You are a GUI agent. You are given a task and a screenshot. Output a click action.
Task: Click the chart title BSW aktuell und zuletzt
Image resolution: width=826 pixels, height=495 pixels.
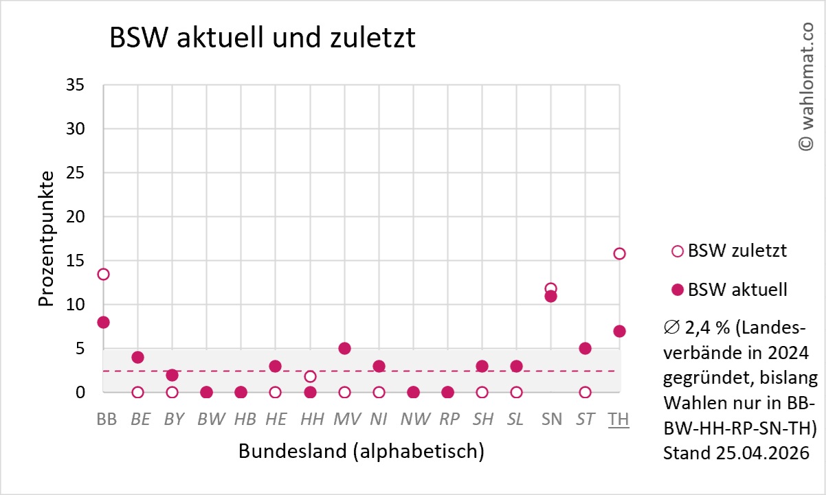(263, 39)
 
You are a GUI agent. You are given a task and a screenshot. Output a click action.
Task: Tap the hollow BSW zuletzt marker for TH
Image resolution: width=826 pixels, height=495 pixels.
(619, 253)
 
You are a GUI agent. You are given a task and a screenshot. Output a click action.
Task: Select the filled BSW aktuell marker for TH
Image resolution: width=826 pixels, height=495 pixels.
(619, 331)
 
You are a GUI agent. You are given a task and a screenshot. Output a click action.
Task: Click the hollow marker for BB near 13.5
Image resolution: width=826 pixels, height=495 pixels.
(103, 274)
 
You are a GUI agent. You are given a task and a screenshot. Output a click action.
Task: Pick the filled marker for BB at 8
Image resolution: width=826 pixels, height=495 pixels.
(103, 322)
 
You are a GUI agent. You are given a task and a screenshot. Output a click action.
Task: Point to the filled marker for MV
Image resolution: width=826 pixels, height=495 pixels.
(344, 348)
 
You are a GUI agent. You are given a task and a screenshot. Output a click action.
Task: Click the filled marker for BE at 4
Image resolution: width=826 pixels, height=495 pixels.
(137, 357)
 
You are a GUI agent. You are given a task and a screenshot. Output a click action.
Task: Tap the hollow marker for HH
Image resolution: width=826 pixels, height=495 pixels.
(310, 376)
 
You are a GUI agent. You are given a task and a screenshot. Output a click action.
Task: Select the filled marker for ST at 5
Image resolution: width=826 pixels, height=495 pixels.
(585, 348)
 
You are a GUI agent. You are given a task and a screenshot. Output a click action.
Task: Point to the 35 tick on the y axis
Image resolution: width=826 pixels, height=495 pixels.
(75, 85)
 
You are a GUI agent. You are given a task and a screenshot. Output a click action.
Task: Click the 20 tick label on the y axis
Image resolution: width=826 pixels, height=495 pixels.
(75, 217)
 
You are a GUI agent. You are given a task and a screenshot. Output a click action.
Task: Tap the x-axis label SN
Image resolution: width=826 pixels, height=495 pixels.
(551, 419)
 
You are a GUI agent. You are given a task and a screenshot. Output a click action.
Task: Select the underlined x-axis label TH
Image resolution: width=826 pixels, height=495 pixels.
(618, 419)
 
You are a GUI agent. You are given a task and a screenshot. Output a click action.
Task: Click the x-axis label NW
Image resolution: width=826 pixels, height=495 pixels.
(414, 419)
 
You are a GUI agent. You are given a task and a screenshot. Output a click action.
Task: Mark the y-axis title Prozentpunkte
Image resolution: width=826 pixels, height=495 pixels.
(46, 239)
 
